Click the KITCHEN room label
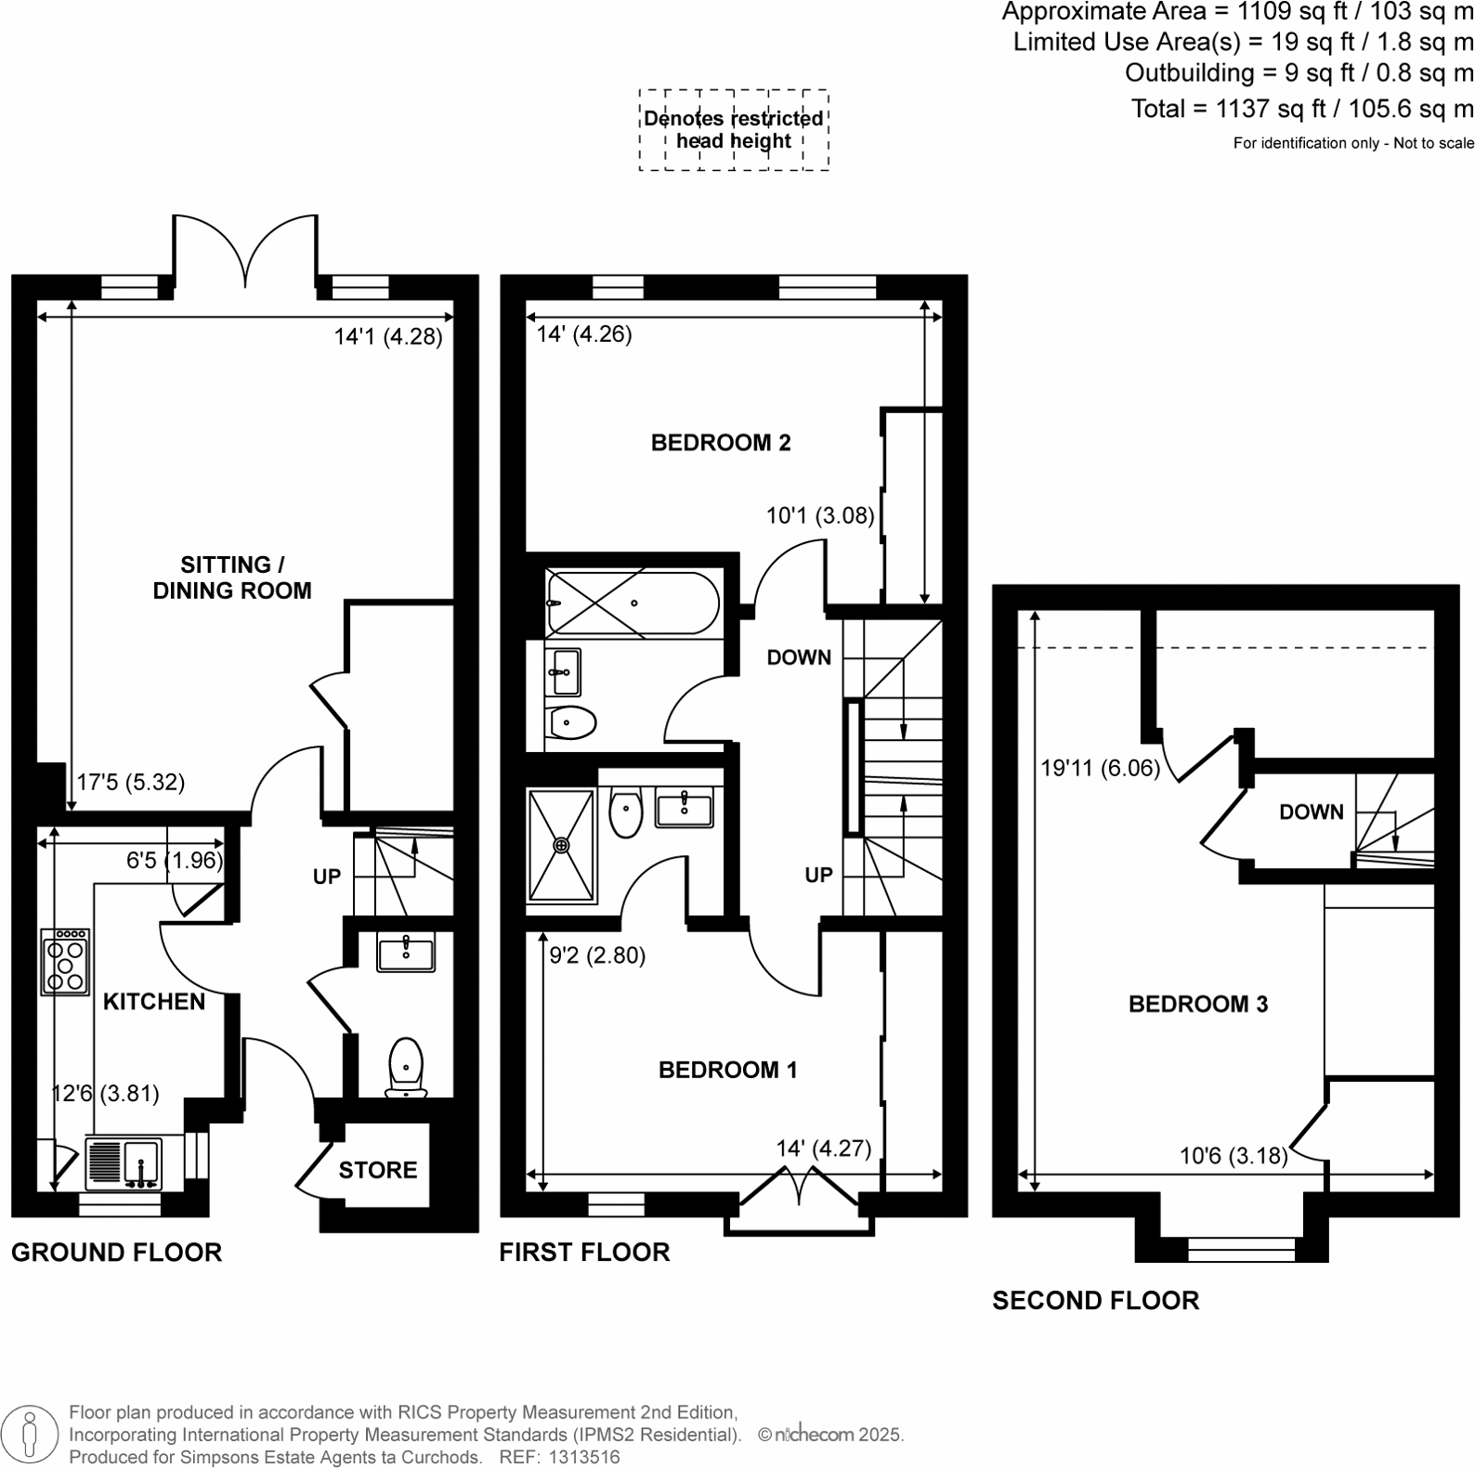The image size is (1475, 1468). [x=153, y=1001]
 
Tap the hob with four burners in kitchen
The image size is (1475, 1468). [x=65, y=961]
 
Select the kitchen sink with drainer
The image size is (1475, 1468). [x=124, y=1163]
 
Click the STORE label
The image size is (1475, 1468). [x=377, y=1170]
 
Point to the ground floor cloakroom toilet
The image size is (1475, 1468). [x=406, y=1066]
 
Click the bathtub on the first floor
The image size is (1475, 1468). [x=632, y=604]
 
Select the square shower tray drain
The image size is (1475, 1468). [x=561, y=845]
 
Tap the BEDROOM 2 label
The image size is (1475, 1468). [x=720, y=443]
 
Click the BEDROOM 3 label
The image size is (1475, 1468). [x=1197, y=1004]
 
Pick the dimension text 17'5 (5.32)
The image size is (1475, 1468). [x=130, y=783]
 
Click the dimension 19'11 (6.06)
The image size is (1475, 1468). [x=1100, y=768]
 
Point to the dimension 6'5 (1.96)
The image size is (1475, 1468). [x=175, y=861]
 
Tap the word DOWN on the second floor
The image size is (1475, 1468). [x=1311, y=812]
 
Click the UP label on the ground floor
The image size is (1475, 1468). [x=327, y=877]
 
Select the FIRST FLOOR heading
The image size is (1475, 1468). [x=583, y=1253]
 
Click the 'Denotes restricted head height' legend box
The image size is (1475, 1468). [x=733, y=130]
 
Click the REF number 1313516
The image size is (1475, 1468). [x=585, y=1457]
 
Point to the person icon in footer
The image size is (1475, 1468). [x=31, y=1435]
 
